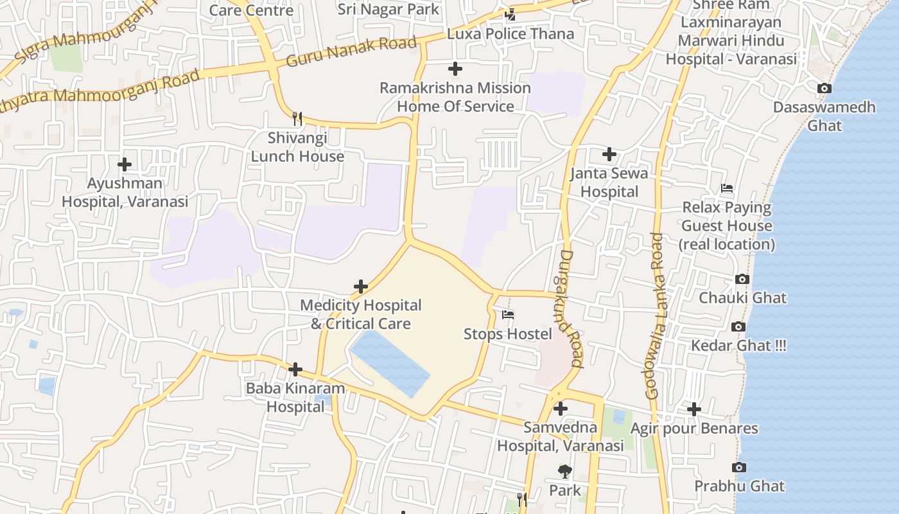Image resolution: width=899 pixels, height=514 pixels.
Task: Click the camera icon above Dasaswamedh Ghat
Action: pyautogui.click(x=824, y=89)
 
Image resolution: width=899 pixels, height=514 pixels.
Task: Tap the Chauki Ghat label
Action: pyautogui.click(x=742, y=298)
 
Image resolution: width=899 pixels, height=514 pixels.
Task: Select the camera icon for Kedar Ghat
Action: pyautogui.click(x=738, y=327)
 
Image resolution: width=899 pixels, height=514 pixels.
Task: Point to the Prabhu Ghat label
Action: pyautogui.click(x=739, y=486)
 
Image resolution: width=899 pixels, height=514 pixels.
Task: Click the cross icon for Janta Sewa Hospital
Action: pyautogui.click(x=609, y=154)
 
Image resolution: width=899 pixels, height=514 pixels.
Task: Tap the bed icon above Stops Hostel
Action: pyautogui.click(x=508, y=315)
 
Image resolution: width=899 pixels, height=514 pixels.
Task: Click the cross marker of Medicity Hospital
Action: pyautogui.click(x=361, y=287)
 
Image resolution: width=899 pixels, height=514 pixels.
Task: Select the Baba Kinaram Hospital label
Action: pyautogui.click(x=295, y=398)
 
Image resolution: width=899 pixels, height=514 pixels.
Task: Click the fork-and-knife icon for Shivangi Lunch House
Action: pyautogui.click(x=297, y=119)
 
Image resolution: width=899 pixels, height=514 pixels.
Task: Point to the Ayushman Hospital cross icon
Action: pyautogui.click(x=125, y=164)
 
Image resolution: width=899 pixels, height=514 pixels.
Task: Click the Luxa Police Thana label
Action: pyautogui.click(x=511, y=34)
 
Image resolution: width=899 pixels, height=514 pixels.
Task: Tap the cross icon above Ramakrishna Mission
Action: pyautogui.click(x=455, y=69)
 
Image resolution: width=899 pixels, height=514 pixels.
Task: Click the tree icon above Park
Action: pyautogui.click(x=564, y=472)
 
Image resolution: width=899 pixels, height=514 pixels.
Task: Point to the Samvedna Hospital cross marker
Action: pyautogui.click(x=561, y=409)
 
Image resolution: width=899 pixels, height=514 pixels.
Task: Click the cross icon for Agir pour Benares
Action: pyautogui.click(x=694, y=409)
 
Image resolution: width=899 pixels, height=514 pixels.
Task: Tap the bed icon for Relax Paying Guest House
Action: pyautogui.click(x=727, y=189)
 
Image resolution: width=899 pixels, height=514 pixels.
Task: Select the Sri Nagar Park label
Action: pyautogui.click(x=388, y=9)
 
